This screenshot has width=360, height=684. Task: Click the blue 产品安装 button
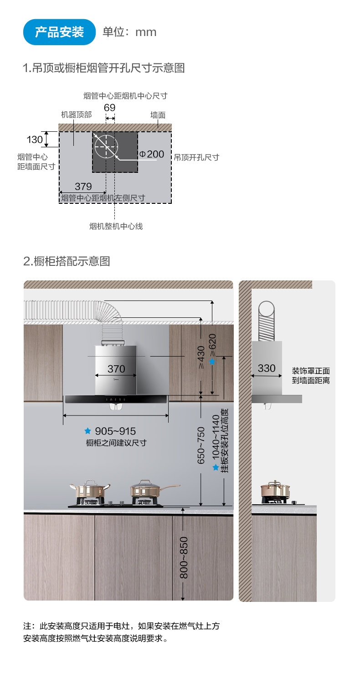(59, 32)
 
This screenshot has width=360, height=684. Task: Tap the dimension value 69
(110, 108)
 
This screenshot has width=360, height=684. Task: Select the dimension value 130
(35, 140)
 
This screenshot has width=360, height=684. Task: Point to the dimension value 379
(83, 187)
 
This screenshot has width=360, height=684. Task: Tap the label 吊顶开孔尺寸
(196, 157)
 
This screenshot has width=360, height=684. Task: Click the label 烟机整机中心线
(116, 226)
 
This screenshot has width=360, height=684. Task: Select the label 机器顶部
(77, 115)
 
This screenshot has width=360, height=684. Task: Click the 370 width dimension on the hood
(116, 368)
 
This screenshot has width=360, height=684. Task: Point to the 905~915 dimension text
(115, 431)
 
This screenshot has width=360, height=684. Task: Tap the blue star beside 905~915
(88, 431)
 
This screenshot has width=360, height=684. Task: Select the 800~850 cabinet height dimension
(184, 558)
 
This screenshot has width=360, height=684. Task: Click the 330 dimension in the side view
(267, 368)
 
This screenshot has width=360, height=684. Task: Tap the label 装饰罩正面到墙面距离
(311, 375)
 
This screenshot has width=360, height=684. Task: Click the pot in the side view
(275, 490)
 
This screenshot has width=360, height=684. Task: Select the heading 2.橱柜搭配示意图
(67, 261)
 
